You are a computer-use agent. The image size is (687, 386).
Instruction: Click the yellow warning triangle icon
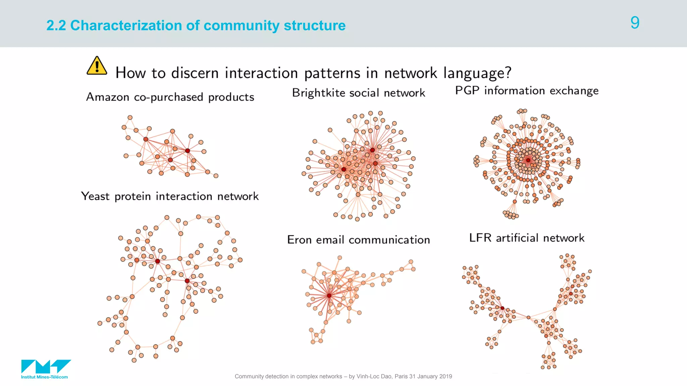point(97,66)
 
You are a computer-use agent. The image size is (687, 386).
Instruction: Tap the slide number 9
point(635,23)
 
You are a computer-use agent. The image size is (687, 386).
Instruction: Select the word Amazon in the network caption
point(108,97)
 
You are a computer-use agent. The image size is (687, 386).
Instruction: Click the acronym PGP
point(467,90)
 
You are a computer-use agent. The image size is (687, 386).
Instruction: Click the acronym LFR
point(480,238)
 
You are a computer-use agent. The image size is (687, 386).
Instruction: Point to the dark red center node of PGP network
point(528,160)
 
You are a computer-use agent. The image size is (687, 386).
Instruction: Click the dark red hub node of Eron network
point(329,296)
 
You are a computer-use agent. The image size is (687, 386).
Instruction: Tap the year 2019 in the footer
point(445,376)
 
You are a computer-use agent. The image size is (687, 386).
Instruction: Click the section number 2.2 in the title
point(56,25)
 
